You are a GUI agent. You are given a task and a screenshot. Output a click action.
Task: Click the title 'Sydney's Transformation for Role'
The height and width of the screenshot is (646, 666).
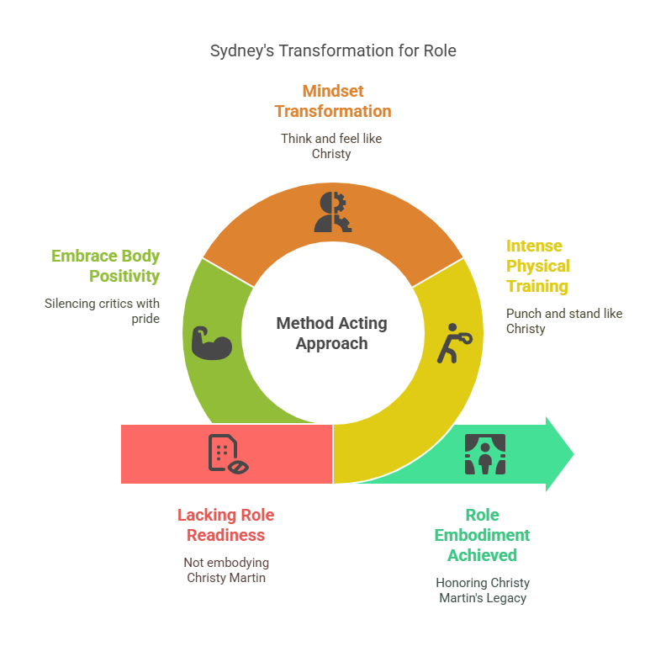click(x=333, y=51)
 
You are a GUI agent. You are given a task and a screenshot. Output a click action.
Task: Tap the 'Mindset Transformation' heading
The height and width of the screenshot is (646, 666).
click(x=333, y=101)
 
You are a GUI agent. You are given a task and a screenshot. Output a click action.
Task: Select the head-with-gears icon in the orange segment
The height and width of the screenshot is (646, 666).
click(x=333, y=212)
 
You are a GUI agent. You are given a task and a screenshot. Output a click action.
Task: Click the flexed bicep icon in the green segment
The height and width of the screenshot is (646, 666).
click(x=212, y=343)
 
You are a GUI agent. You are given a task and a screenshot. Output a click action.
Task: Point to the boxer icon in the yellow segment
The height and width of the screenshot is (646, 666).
click(x=454, y=343)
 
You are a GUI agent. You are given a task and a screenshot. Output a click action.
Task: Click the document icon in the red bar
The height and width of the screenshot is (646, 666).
click(x=228, y=454)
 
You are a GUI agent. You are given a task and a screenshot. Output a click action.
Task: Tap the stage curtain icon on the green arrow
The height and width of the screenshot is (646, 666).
click(x=485, y=454)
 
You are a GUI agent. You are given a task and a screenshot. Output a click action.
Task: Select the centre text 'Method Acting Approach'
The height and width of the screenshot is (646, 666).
click(x=331, y=333)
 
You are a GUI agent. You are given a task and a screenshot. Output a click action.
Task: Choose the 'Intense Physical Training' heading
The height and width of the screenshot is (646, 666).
click(x=537, y=266)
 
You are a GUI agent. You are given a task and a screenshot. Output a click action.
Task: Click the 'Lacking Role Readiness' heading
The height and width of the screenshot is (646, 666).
click(x=226, y=525)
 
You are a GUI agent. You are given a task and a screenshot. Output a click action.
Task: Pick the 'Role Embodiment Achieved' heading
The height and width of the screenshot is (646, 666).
click(x=482, y=535)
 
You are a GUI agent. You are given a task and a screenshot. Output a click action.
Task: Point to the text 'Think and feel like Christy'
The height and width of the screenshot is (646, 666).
click(x=331, y=146)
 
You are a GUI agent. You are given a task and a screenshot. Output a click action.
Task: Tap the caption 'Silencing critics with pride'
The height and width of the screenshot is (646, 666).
click(x=102, y=311)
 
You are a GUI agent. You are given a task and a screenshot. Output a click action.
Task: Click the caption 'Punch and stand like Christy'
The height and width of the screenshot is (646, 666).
click(x=564, y=321)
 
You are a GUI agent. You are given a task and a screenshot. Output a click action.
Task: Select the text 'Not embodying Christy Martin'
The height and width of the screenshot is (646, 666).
click(x=226, y=570)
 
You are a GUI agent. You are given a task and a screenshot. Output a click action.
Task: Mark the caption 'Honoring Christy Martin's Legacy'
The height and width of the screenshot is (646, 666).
click(x=483, y=590)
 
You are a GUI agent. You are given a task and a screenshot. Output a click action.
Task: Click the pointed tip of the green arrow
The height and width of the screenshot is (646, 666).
click(x=573, y=454)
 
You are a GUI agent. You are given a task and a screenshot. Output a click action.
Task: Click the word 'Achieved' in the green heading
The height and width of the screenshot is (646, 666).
click(x=482, y=555)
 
